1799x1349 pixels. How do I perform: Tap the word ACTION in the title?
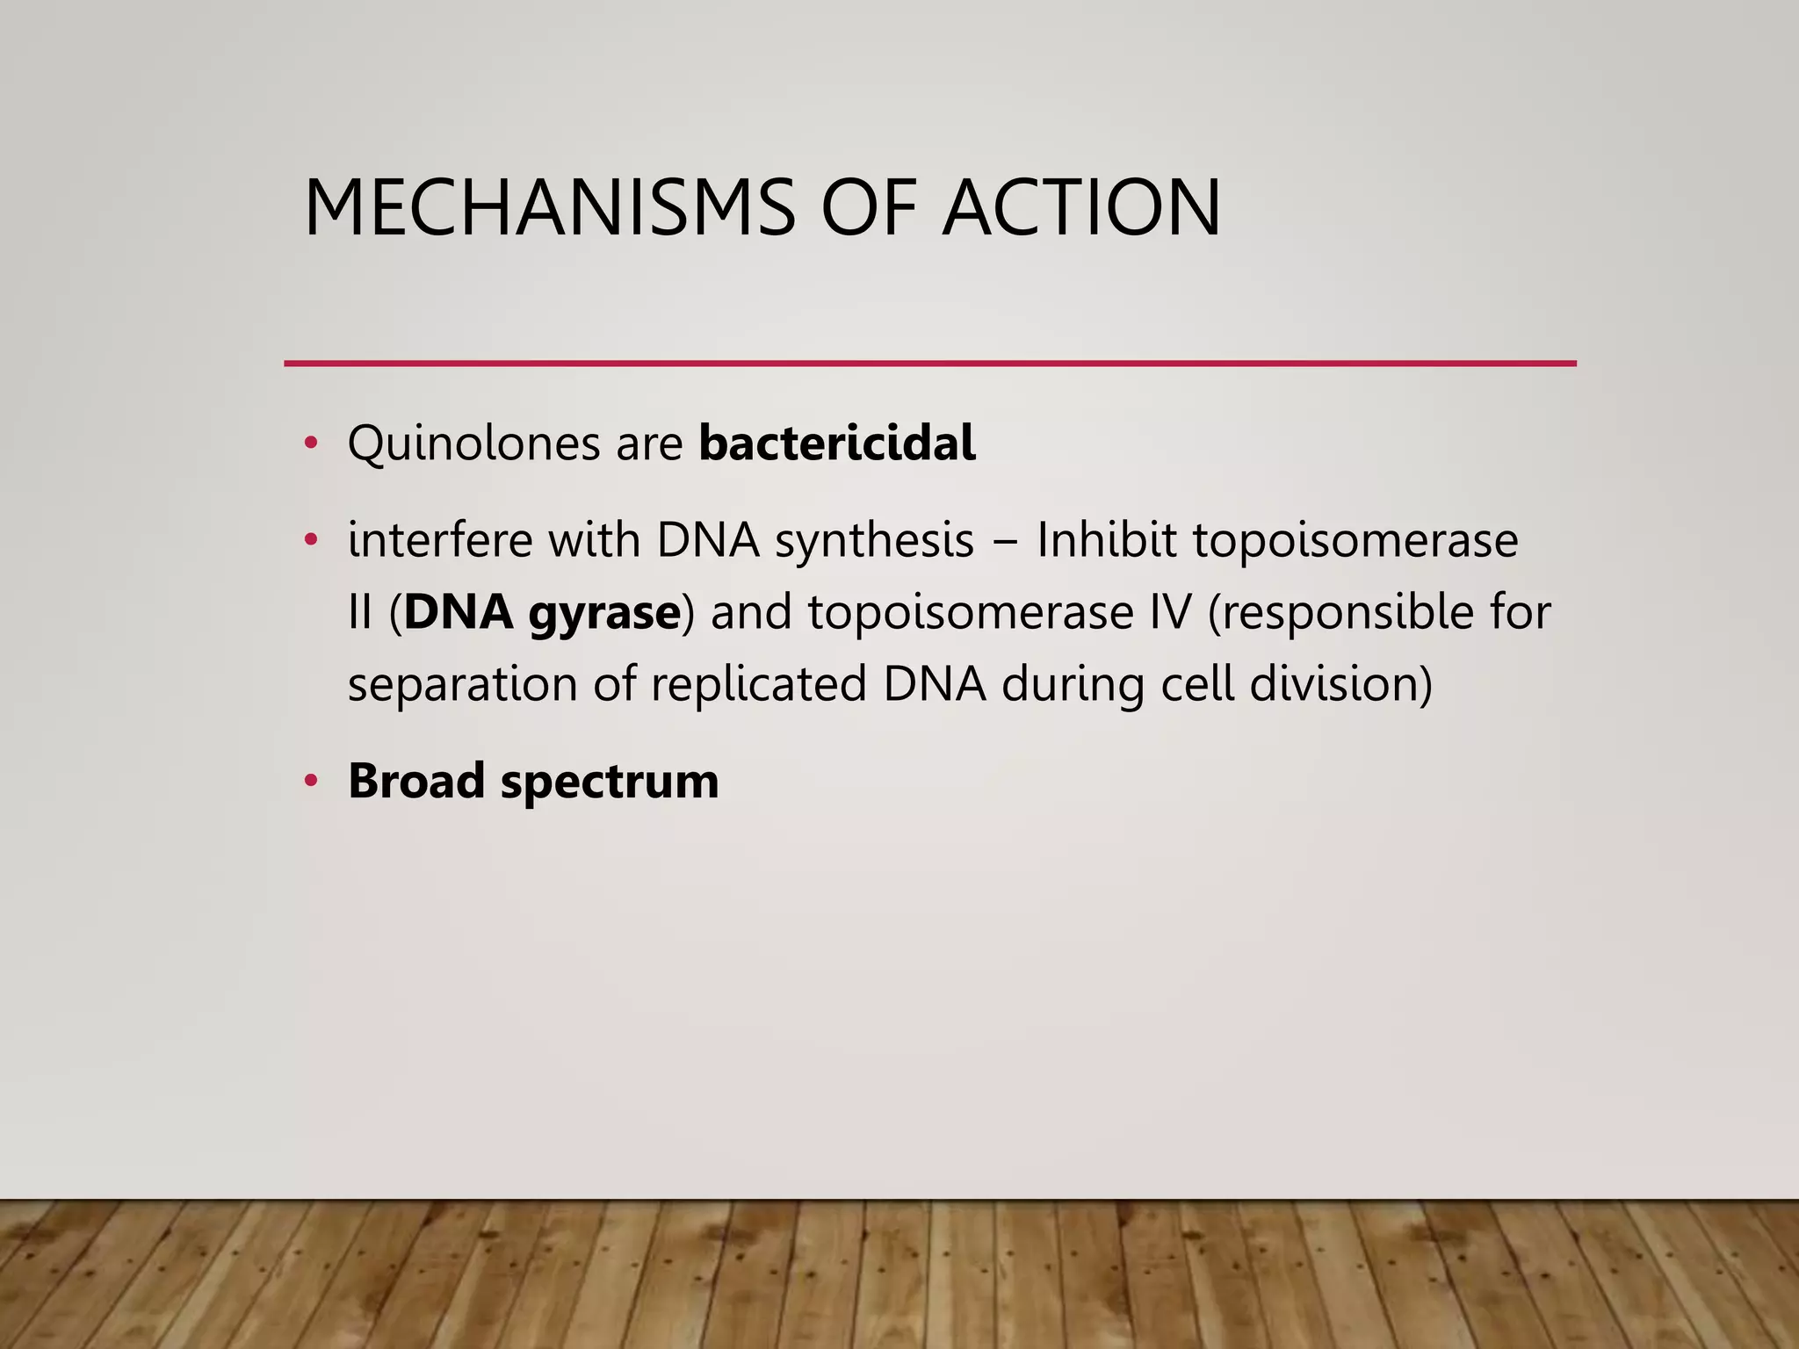(1081, 208)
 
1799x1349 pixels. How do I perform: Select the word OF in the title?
(870, 208)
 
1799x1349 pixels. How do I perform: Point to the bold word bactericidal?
(837, 443)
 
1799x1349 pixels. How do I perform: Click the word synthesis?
(874, 540)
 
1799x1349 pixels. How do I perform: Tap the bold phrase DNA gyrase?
(542, 612)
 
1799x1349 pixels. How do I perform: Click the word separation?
(462, 684)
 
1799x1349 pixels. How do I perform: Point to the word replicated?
(759, 684)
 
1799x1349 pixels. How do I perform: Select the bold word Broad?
(416, 781)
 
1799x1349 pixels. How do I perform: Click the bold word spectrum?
(610, 783)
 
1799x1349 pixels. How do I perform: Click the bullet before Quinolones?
(310, 443)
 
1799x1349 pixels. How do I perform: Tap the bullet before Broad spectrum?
(310, 781)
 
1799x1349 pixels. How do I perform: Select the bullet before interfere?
(310, 540)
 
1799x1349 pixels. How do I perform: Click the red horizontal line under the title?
(929, 363)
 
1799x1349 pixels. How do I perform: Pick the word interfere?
(440, 540)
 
